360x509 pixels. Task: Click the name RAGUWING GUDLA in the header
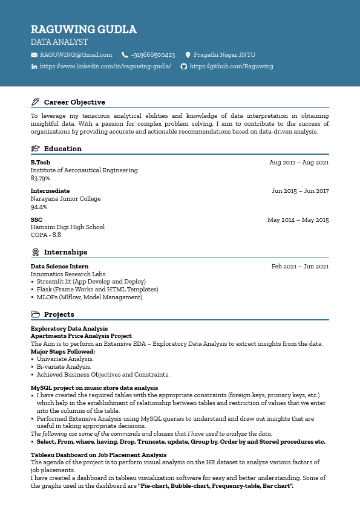[83, 30]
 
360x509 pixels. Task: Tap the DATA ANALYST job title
[59, 42]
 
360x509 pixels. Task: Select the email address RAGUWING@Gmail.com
[76, 55]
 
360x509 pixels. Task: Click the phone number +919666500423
[152, 55]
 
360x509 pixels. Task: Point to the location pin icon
[188, 55]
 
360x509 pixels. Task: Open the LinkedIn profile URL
[105, 66]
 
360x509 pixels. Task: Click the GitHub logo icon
[184, 66]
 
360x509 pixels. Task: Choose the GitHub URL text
[231, 66]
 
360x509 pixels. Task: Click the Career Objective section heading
[74, 102]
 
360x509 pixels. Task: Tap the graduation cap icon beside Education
[35, 149]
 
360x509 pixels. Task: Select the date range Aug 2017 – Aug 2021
[299, 163]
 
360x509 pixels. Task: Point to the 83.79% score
[40, 178]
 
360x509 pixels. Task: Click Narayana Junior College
[65, 199]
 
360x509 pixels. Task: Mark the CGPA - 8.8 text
[46, 235]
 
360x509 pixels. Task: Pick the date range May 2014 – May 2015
[298, 220]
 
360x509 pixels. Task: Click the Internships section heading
[65, 252]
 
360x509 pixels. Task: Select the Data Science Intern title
[59, 267]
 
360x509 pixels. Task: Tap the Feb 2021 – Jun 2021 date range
[300, 267]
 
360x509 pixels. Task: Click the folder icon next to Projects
[35, 314]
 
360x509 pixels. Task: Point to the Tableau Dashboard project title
[99, 455]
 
